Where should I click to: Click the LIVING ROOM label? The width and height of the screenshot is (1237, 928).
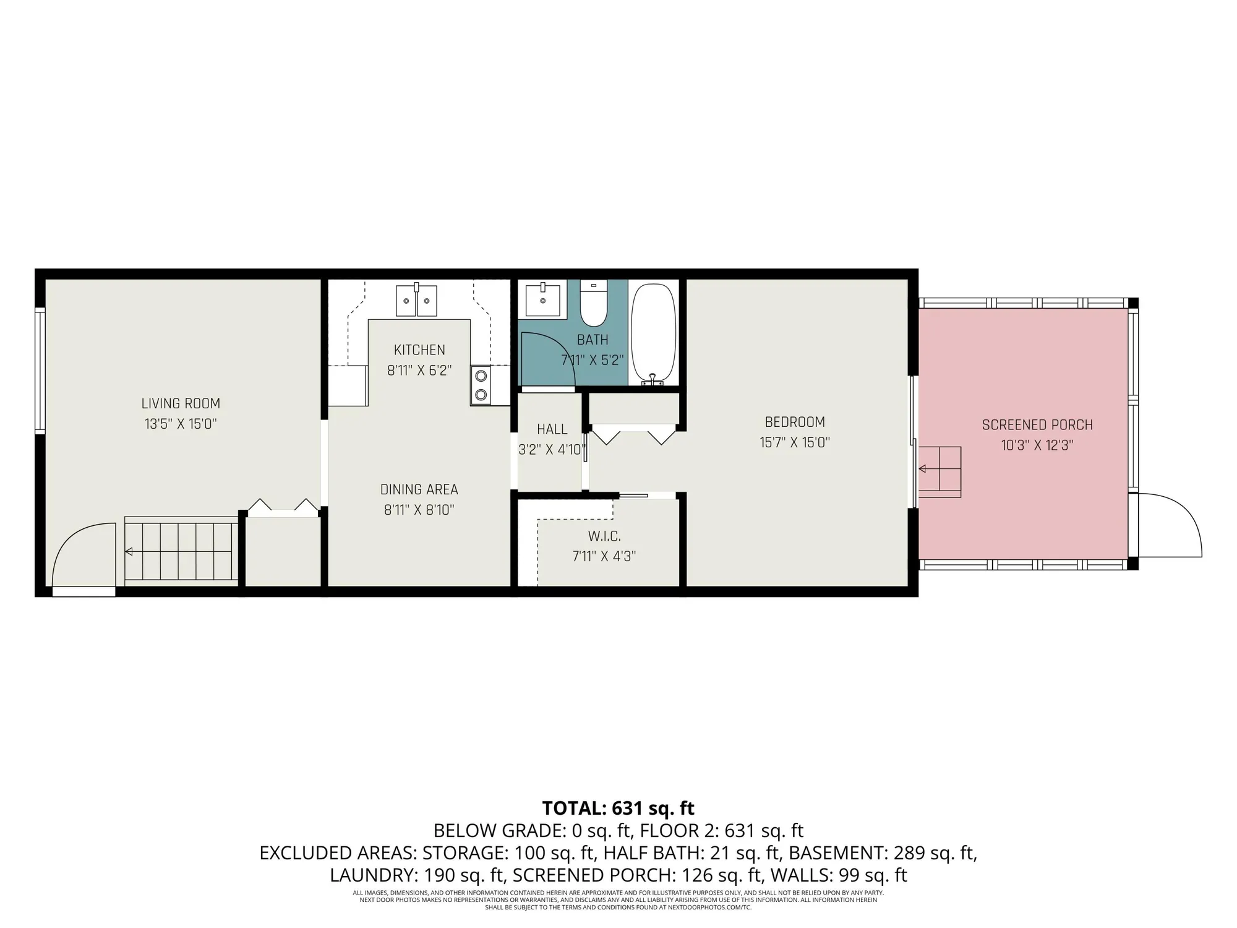[x=181, y=403]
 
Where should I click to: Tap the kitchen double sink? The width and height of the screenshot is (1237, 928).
[x=416, y=301]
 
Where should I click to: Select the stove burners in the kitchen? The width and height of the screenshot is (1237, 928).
[x=481, y=385]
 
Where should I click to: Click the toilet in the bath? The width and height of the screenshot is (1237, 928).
[x=594, y=304]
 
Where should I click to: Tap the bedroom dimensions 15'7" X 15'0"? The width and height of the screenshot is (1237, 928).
[x=795, y=442]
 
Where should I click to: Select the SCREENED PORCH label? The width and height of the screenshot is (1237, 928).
[x=1037, y=425]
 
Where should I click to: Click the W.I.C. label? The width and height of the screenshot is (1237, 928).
[x=604, y=536]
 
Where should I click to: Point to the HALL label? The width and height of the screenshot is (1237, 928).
[x=552, y=429]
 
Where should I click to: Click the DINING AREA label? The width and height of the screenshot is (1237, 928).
[x=419, y=489]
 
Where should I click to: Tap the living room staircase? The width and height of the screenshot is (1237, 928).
[x=181, y=551]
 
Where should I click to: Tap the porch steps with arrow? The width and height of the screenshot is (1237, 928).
[x=939, y=470]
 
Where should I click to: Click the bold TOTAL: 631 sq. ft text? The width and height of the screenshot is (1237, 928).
[x=618, y=808]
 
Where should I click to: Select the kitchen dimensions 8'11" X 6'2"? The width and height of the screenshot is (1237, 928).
[x=419, y=371]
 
